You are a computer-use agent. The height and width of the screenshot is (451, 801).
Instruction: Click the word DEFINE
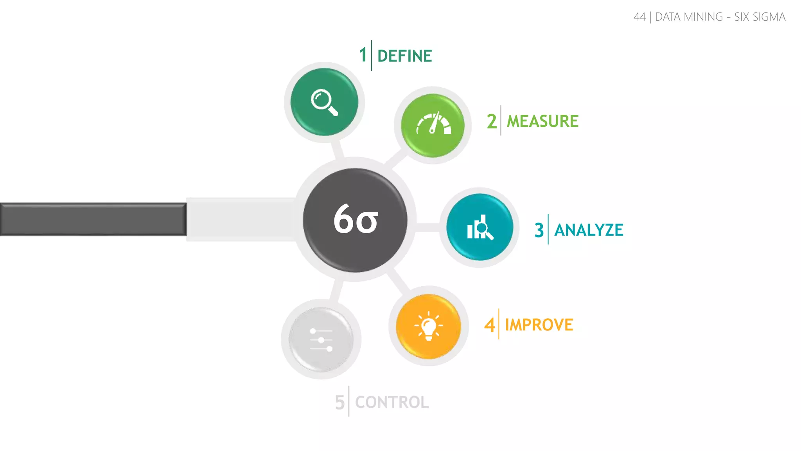pos(404,56)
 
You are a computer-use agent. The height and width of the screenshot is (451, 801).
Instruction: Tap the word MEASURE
pos(542,121)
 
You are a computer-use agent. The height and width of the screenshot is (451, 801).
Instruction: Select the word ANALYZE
pos(589,230)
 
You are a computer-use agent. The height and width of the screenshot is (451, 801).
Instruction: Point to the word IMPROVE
pos(539,325)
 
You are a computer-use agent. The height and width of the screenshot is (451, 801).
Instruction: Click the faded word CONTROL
pos(392,402)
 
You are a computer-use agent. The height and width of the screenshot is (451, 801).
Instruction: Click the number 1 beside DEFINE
pos(363,55)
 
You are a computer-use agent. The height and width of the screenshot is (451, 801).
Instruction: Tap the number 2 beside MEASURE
pos(492,121)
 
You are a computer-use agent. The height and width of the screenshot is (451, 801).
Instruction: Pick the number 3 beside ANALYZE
pos(539,230)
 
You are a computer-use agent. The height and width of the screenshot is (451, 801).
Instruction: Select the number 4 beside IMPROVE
pos(489,325)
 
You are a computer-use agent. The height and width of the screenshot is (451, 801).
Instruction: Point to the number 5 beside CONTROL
pos(339,402)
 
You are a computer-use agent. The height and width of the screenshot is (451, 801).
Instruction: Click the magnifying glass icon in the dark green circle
pos(324,102)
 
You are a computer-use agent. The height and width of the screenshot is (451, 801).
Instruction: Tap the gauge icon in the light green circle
pos(433,124)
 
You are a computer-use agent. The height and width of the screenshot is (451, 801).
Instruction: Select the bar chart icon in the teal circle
pos(480,227)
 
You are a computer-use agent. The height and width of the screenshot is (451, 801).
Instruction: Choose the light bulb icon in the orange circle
pos(429,326)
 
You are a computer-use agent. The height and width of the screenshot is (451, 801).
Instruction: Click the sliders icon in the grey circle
pos(321,339)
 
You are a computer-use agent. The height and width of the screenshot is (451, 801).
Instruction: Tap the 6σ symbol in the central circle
pos(356,220)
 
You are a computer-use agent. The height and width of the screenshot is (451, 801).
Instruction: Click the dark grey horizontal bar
pos(93,219)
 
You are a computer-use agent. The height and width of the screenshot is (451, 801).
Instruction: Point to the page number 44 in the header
pos(639,17)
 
